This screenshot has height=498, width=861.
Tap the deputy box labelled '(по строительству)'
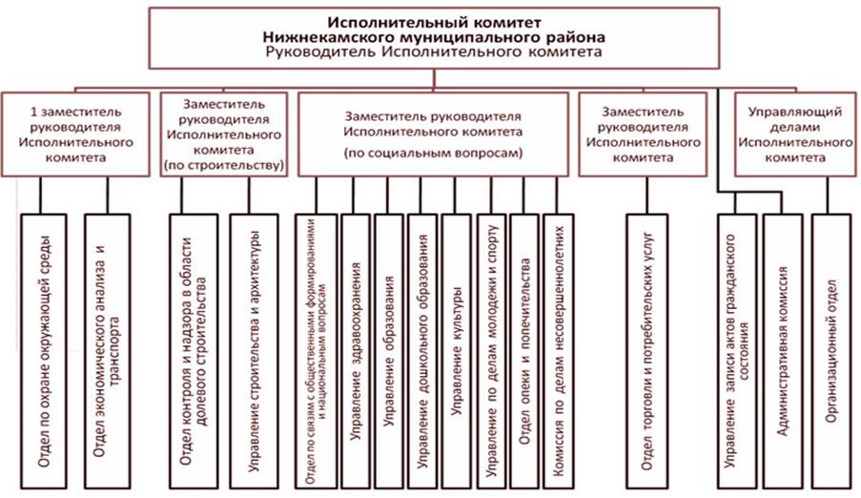225,134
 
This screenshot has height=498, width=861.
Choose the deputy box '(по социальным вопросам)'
433,134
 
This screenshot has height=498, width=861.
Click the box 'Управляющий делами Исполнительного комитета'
793,134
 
